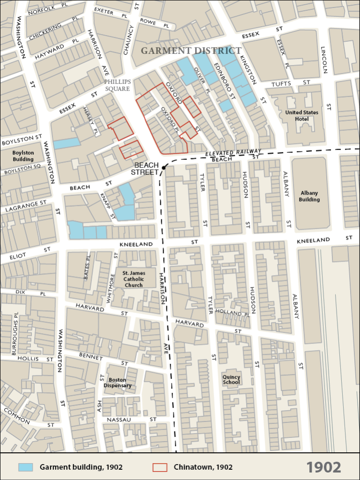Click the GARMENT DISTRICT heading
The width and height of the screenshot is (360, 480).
pyautogui.click(x=191, y=51)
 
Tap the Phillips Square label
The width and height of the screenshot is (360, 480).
pyautogui.click(x=117, y=85)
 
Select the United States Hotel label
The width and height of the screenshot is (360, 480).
pyautogui.click(x=302, y=116)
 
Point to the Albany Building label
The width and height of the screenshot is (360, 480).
pyautogui.click(x=309, y=196)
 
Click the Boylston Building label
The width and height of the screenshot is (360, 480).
pyautogui.click(x=23, y=156)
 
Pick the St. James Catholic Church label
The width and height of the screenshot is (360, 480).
pyautogui.click(x=134, y=279)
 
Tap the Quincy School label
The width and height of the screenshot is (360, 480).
pyautogui.click(x=232, y=380)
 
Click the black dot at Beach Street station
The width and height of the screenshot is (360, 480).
pyautogui.click(x=164, y=167)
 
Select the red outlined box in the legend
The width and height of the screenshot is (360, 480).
pyautogui.click(x=160, y=467)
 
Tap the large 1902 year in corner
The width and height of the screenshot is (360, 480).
pyautogui.click(x=324, y=467)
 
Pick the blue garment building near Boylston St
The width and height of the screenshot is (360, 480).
pyautogui.click(x=67, y=143)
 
